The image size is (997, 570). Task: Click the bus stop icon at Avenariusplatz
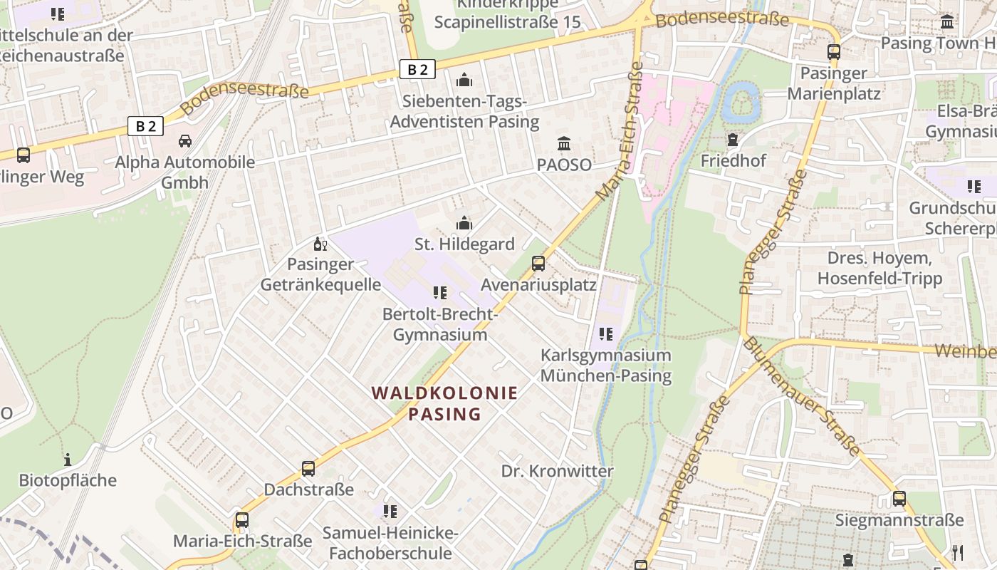(538, 264)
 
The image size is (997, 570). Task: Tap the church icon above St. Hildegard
(464, 224)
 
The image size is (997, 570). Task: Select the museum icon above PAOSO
(564, 143)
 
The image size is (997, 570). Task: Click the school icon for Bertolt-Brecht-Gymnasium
(439, 293)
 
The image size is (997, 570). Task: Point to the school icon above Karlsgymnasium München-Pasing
(606, 334)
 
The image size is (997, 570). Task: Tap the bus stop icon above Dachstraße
(308, 469)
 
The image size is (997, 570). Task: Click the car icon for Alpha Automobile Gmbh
(185, 141)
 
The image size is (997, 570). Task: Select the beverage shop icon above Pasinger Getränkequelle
(320, 244)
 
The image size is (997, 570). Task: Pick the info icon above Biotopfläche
(68, 460)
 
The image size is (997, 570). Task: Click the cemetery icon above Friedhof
(732, 140)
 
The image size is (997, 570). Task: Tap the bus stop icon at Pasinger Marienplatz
(833, 52)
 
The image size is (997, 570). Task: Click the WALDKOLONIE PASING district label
(444, 403)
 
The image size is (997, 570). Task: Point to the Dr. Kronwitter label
(557, 471)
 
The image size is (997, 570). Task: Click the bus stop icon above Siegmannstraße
(899, 499)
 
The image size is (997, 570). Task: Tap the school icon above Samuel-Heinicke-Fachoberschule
(390, 512)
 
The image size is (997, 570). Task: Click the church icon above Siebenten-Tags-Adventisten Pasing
(464, 80)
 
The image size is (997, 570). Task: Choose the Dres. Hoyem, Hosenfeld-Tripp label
(879, 268)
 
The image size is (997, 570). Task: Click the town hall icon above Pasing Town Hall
(947, 22)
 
